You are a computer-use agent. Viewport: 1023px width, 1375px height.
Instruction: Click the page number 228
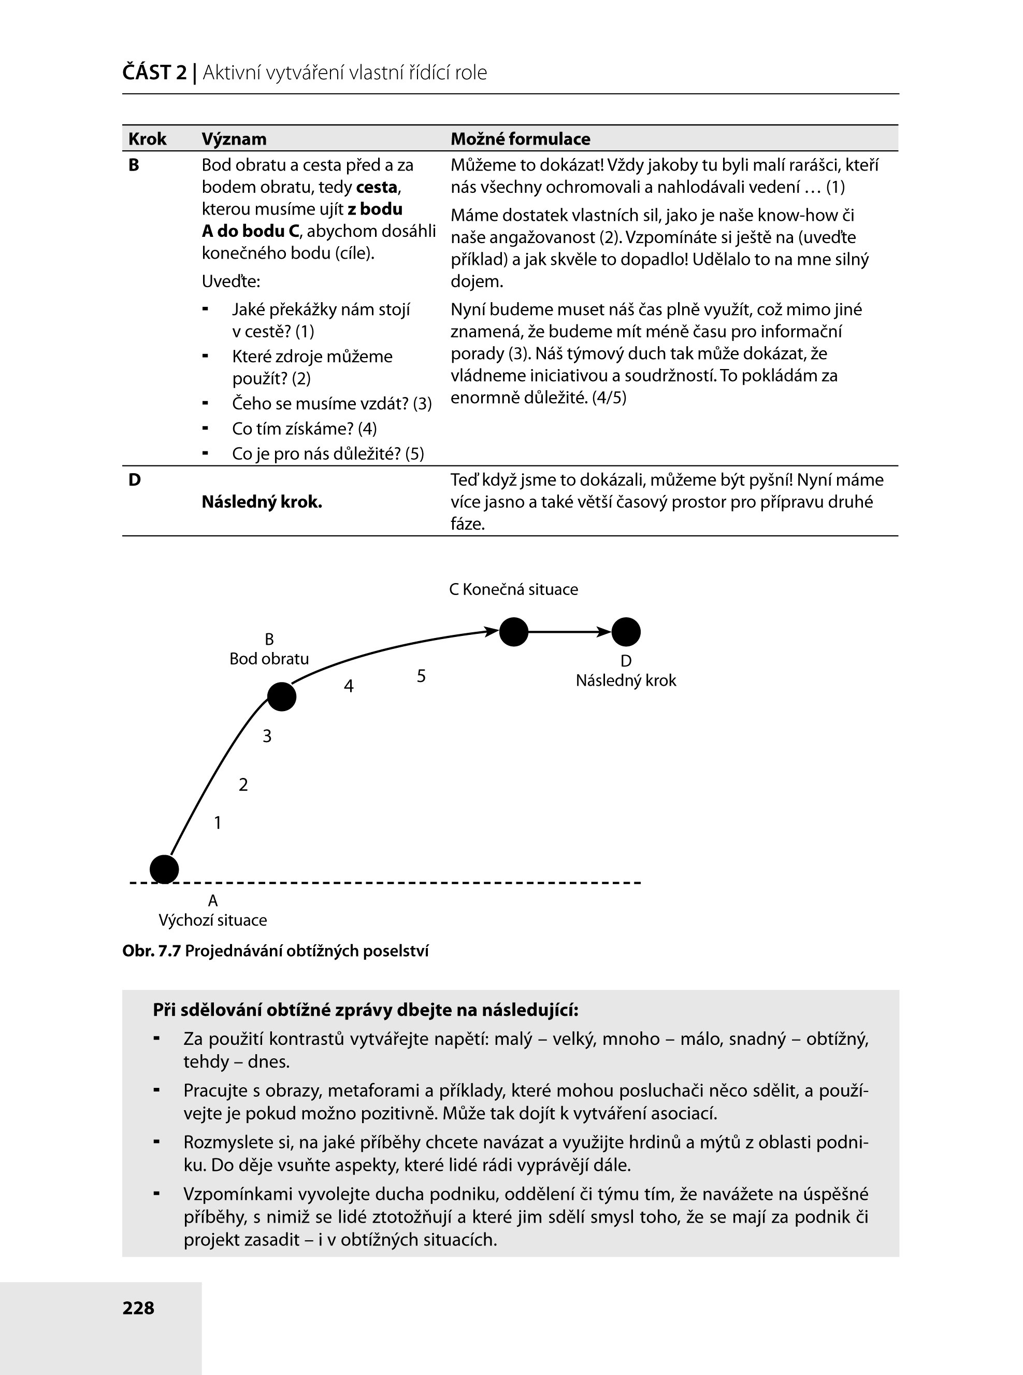click(138, 1308)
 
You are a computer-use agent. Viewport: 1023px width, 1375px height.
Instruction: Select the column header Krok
click(148, 139)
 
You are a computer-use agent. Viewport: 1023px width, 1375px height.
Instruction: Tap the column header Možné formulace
click(520, 139)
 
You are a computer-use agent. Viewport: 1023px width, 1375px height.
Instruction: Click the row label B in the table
click(134, 165)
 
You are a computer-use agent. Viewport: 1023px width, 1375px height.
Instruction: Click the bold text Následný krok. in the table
click(262, 502)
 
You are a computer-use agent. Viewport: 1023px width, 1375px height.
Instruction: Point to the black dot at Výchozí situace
click(164, 869)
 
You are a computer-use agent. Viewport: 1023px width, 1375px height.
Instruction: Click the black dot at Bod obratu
click(282, 697)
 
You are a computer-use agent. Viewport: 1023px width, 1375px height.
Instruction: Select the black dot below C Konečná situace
click(513, 632)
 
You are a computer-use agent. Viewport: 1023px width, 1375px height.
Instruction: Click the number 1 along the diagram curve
click(218, 823)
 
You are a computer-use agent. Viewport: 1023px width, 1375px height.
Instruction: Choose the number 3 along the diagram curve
click(267, 736)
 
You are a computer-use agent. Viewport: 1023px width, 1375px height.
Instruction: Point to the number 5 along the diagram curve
click(421, 676)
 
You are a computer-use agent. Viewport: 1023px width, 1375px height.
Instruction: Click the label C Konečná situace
click(513, 589)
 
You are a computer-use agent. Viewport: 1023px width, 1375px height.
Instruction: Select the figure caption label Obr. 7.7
click(151, 951)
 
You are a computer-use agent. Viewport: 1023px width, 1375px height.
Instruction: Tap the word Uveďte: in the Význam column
click(231, 281)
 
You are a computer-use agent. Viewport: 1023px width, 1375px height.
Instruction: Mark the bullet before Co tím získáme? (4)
click(205, 428)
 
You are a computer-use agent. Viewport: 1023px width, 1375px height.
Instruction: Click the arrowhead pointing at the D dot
click(604, 632)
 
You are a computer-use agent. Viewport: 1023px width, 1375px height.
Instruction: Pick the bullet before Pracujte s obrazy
click(157, 1089)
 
